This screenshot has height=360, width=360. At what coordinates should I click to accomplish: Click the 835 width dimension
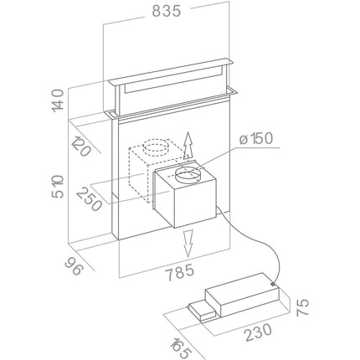click(x=167, y=11)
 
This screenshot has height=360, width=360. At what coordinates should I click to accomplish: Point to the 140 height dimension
click(x=58, y=100)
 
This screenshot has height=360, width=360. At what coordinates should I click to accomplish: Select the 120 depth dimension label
click(x=81, y=147)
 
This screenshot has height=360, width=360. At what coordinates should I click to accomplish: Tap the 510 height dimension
click(x=58, y=187)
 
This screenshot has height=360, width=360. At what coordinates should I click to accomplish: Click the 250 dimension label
click(x=89, y=199)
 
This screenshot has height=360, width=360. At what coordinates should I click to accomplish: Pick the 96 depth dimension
click(x=74, y=265)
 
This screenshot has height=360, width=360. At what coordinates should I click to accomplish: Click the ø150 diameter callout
click(x=256, y=139)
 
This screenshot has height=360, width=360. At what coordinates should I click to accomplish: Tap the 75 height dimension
click(x=302, y=307)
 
